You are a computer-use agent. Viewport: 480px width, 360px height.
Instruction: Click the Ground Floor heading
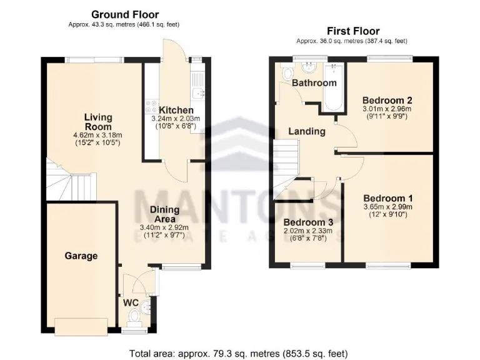coord(125,14)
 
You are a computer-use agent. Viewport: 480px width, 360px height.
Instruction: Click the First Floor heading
coord(353,31)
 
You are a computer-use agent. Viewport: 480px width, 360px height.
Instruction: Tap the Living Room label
coord(99,122)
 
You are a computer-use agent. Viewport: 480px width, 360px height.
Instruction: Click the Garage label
coord(81,256)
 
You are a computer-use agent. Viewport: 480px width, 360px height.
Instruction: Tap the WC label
coord(131,302)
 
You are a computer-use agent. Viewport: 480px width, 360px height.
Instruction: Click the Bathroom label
coord(314,82)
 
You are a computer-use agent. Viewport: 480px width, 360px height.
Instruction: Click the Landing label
coord(306,131)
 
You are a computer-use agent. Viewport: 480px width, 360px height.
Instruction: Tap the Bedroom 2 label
coord(387,100)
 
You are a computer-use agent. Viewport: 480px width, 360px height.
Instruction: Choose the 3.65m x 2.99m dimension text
coord(387,207)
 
